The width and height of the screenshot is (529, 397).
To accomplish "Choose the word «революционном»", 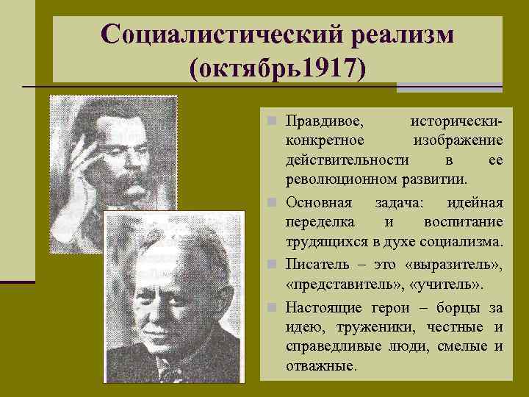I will coord(334,179).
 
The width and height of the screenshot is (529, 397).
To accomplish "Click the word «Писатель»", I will coord(315,262).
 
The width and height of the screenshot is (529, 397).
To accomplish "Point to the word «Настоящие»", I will coord(321,304).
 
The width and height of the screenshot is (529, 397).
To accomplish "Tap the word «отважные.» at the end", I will coord(320,365).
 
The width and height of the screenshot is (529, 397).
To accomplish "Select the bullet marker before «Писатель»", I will coord(271,262).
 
